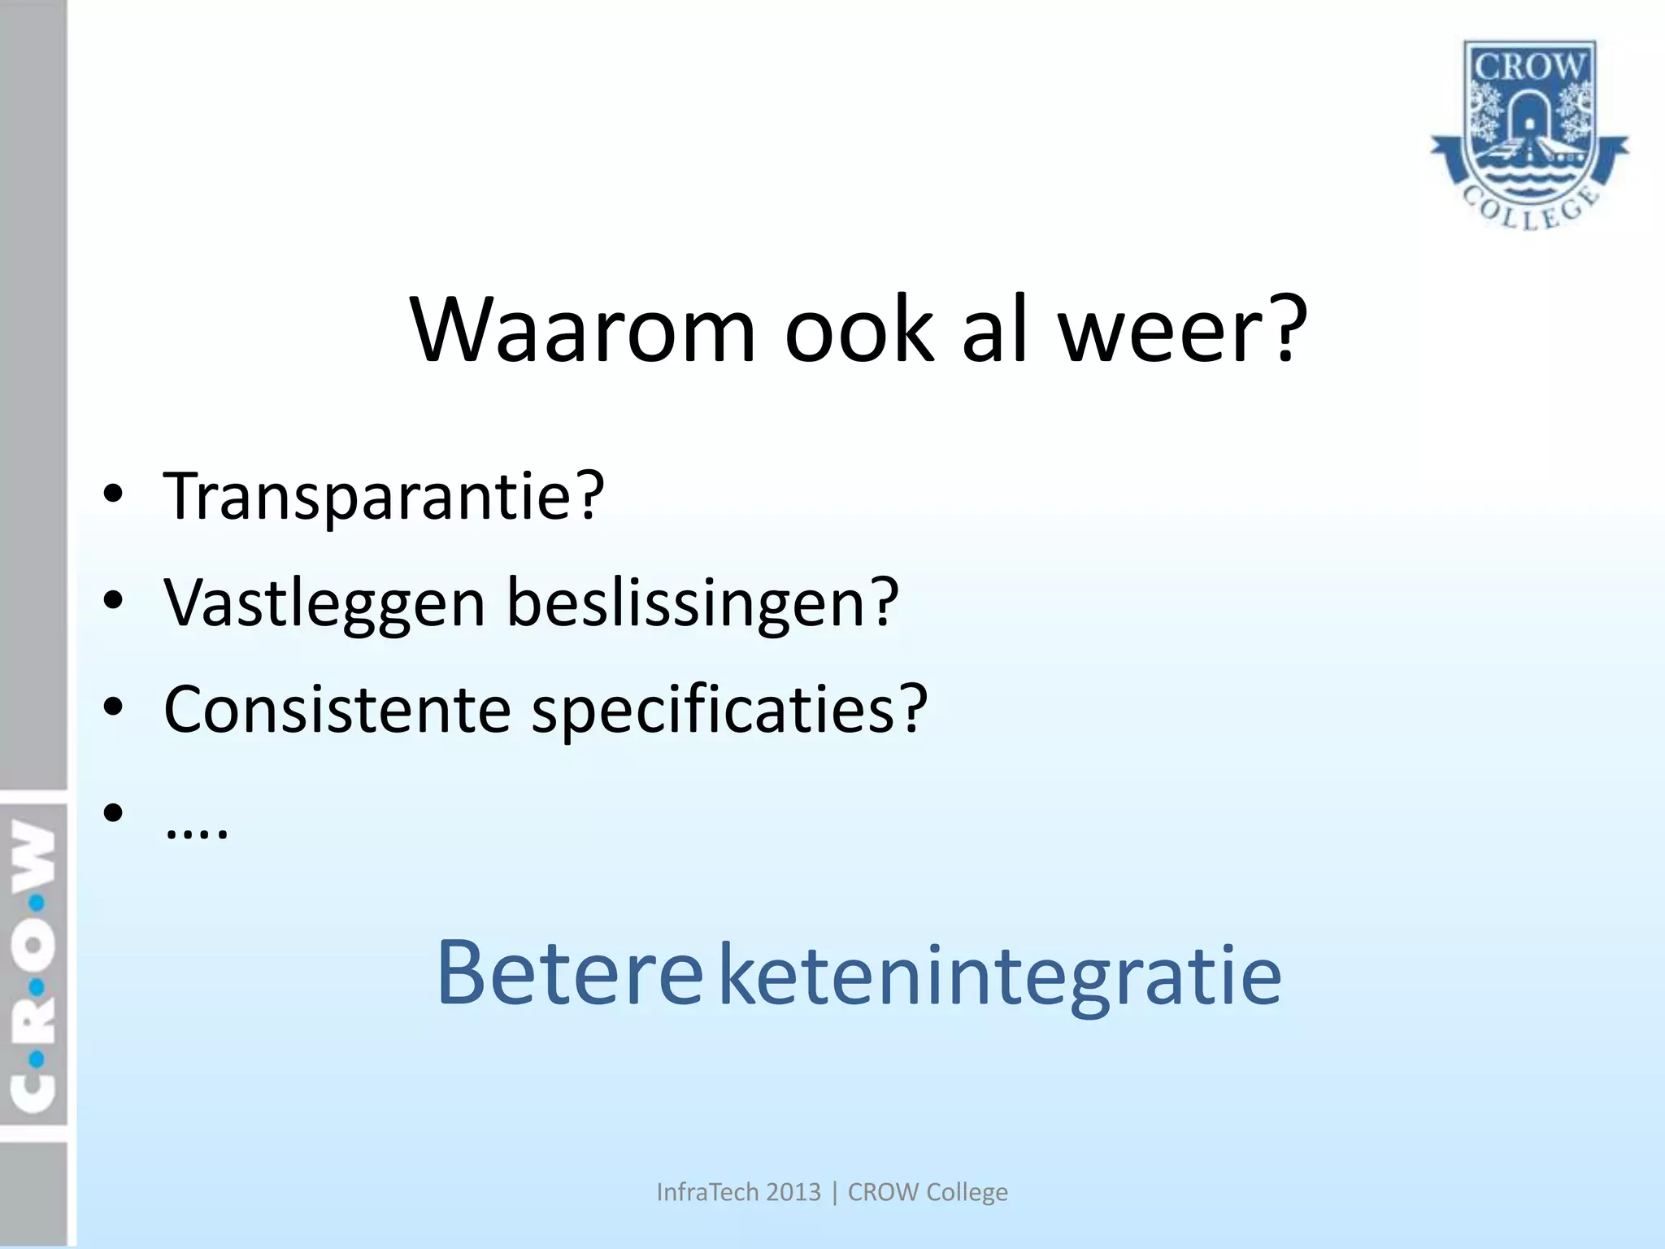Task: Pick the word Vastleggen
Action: (x=324, y=603)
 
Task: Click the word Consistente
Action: (x=337, y=709)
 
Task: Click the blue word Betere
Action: (x=569, y=974)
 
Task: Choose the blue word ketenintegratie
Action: (x=1000, y=976)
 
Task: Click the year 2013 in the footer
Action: (x=793, y=1192)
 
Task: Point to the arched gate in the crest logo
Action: (x=1529, y=122)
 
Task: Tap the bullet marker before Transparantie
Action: (x=113, y=495)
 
